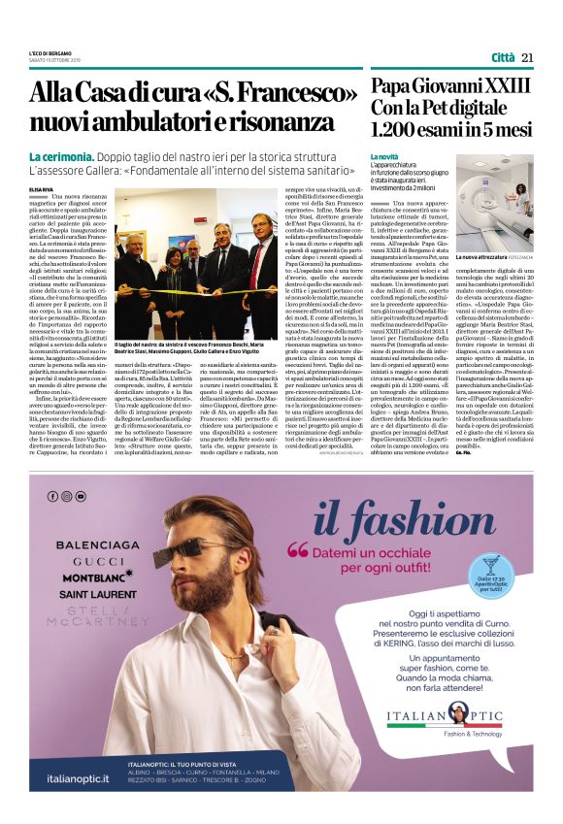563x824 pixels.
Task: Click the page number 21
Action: pyautogui.click(x=527, y=57)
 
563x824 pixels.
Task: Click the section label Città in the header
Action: pyautogui.click(x=503, y=57)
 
